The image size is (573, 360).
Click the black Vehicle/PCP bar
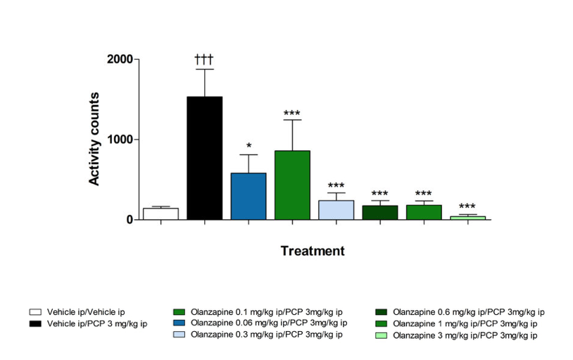[x=204, y=159]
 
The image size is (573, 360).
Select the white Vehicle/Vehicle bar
[x=160, y=213]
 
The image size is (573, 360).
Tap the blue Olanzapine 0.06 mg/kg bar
[x=248, y=197]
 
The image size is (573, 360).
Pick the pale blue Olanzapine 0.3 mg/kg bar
[x=336, y=210]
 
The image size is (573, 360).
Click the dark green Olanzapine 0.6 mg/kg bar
[x=380, y=212]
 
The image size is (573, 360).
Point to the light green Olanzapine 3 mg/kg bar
[x=467, y=218]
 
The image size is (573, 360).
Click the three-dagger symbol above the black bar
[x=204, y=58]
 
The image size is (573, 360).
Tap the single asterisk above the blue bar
[x=248, y=146]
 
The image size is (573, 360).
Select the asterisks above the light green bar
[x=467, y=206]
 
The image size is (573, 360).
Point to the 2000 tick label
[x=120, y=60]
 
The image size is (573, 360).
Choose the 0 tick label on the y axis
[x=130, y=220]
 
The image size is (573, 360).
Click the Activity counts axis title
[x=94, y=139]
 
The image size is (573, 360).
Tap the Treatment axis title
[x=313, y=251]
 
